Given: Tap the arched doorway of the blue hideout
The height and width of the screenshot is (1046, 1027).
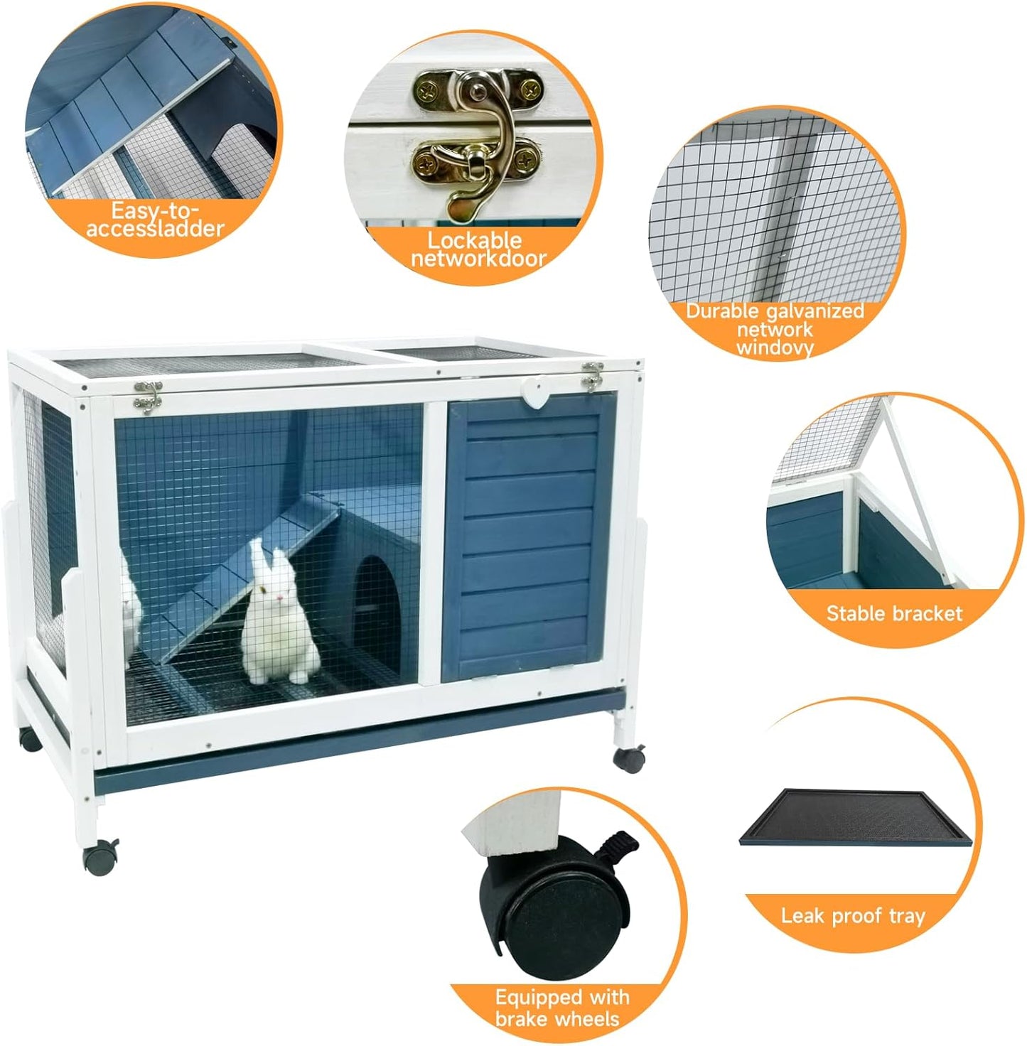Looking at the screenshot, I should pos(375,601).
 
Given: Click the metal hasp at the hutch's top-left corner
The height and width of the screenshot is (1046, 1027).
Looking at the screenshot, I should pos(148,394).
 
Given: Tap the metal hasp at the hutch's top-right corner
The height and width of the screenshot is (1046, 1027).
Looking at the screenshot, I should pos(592,377).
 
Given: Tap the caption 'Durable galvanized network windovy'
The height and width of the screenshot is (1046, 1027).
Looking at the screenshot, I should pos(774,329).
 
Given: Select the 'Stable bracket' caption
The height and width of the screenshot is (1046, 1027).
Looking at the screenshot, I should pos(893,613).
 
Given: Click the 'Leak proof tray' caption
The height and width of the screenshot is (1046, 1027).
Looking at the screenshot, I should pos(853,915).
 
